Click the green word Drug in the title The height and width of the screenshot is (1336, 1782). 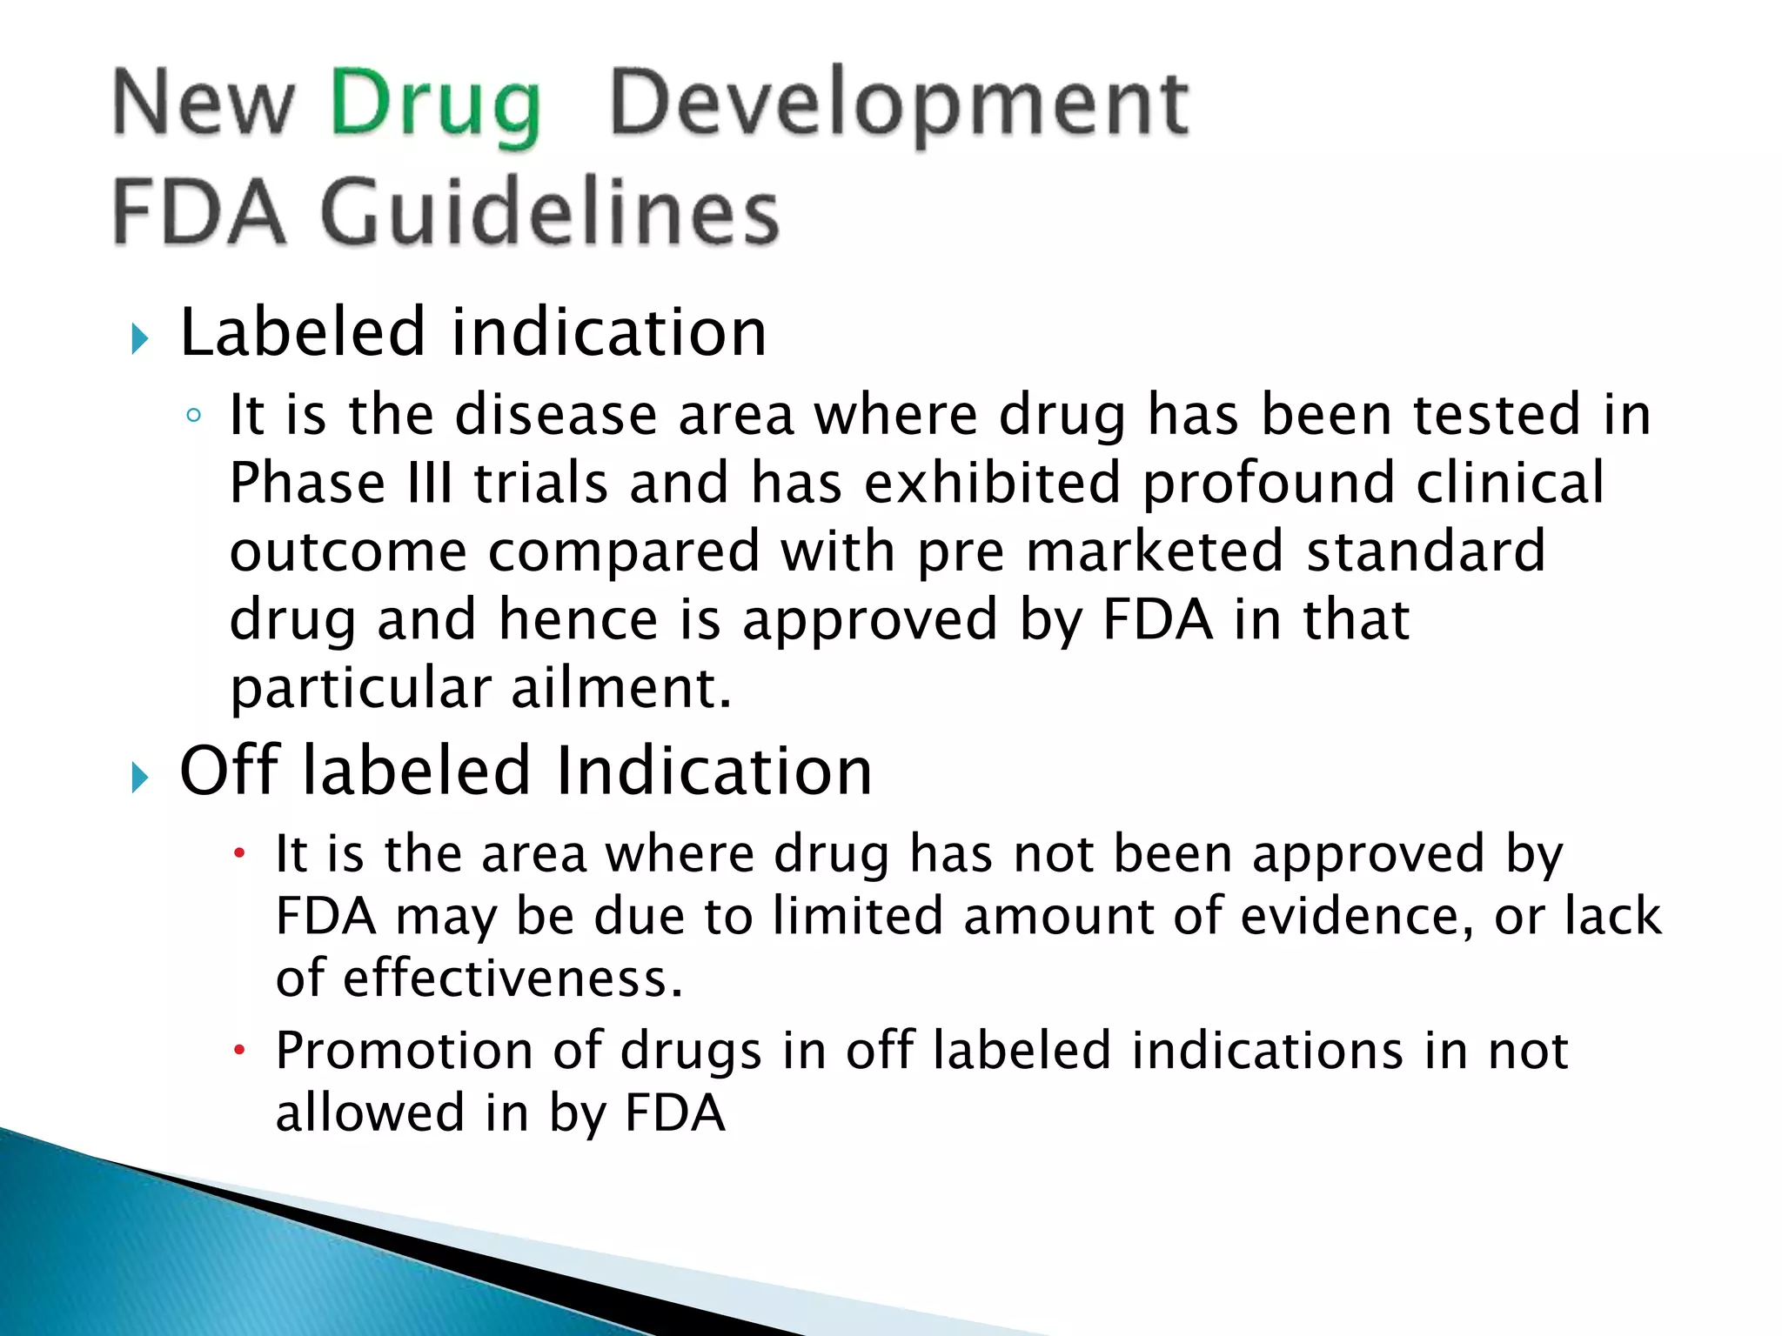coord(435,106)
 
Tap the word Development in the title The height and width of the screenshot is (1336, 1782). coord(898,106)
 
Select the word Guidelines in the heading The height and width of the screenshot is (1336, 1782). coord(550,212)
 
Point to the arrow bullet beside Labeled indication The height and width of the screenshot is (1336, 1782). coord(140,338)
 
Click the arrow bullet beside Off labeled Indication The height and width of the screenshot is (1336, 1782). coord(140,776)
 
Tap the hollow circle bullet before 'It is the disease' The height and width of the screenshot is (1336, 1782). coord(194,416)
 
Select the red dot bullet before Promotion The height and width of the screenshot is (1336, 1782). coord(240,1050)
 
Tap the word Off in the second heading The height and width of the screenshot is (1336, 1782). coord(231,772)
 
